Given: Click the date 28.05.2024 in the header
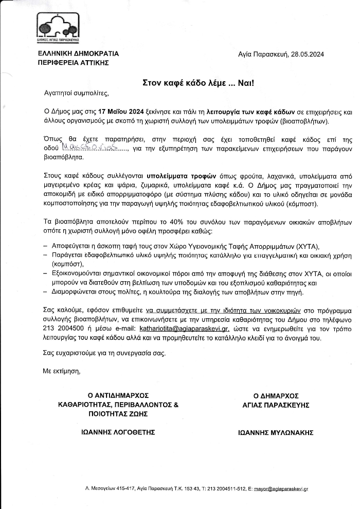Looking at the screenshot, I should click(308, 54).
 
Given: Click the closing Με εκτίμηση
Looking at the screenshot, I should click(62, 370).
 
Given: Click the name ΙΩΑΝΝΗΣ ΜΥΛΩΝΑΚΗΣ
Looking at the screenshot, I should click(276, 433).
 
